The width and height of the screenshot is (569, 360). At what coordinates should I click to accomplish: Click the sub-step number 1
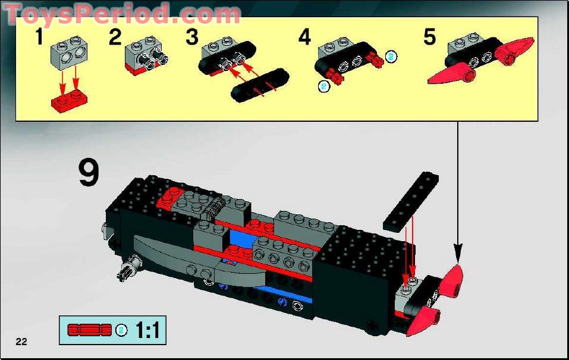point(39,37)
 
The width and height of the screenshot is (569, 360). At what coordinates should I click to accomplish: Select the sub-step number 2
point(115,37)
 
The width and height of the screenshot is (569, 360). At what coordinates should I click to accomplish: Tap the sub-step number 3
point(192,37)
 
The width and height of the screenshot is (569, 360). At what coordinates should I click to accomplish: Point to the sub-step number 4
point(305,37)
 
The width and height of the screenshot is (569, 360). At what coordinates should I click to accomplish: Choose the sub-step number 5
point(430,37)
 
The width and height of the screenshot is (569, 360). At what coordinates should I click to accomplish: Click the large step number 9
point(89,173)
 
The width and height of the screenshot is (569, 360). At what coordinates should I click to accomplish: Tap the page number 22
point(21,342)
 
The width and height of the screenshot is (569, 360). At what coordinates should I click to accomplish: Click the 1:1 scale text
point(147,330)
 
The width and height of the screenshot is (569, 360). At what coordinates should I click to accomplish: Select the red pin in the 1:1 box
point(90,330)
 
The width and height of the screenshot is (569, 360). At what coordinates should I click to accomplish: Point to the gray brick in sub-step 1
point(69,53)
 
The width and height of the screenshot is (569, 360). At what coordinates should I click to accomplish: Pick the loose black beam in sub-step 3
point(260,85)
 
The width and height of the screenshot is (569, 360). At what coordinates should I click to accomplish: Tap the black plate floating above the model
point(411,202)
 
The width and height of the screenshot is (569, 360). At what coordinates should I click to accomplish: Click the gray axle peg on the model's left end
point(128,269)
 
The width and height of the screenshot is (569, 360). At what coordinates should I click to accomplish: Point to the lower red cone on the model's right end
point(424,320)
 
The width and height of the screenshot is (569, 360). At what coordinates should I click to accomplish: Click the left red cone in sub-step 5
point(451,73)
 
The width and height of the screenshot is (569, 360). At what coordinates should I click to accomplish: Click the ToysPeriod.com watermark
point(122,14)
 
